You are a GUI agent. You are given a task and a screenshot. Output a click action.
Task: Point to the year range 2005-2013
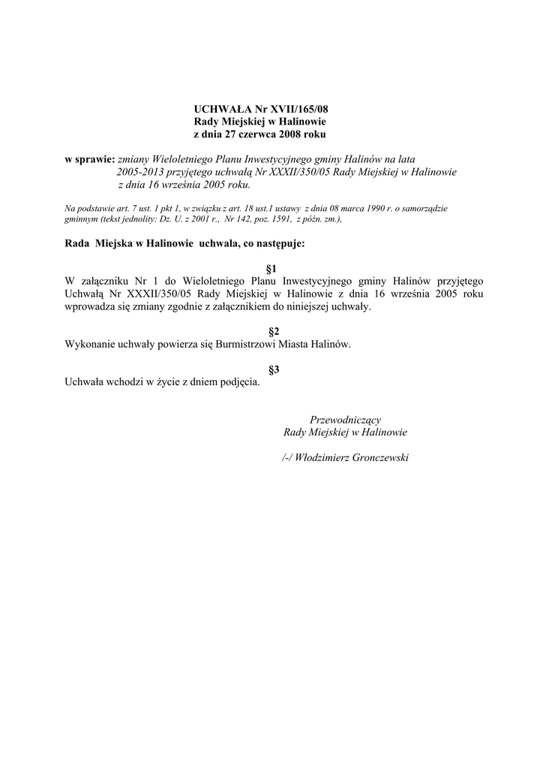pyautogui.click(x=142, y=172)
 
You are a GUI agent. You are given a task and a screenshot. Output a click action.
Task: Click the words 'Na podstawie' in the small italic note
pyautogui.click(x=86, y=208)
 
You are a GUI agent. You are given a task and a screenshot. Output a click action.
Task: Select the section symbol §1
pyautogui.click(x=272, y=268)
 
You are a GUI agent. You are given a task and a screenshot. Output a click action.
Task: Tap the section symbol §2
pyautogui.click(x=274, y=331)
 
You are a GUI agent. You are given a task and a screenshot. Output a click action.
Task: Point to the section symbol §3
pyautogui.click(x=274, y=369)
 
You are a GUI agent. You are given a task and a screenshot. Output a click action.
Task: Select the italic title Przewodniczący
pyautogui.click(x=345, y=419)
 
